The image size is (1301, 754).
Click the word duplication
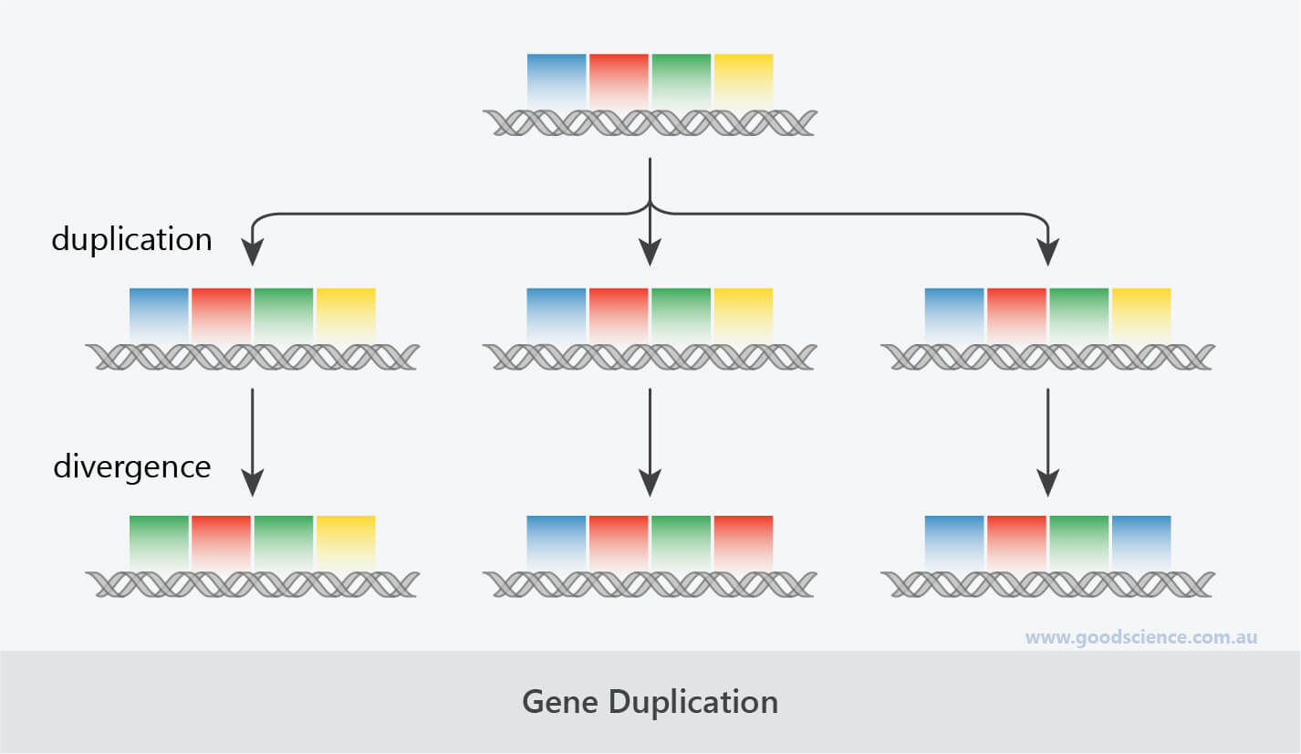point(132,239)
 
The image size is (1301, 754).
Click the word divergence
point(132,466)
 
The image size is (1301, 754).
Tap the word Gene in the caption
point(560,702)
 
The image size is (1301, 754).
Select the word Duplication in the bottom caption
point(692,703)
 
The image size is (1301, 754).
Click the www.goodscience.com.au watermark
point(1141,637)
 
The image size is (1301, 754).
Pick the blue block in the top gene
point(557,81)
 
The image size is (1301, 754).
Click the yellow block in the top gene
point(744,81)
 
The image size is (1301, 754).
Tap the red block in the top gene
point(619,81)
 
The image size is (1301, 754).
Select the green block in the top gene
point(682,81)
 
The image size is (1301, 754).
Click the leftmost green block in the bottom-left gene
point(159,542)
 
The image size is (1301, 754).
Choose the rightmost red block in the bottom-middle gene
point(744,542)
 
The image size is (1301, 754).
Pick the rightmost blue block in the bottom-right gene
point(1141,542)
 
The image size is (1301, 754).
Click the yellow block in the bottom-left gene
point(346,542)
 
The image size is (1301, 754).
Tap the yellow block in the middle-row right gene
point(1141,316)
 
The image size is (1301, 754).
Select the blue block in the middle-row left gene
point(159,316)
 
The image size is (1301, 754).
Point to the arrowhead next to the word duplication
point(252,252)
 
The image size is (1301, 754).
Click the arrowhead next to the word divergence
point(252,482)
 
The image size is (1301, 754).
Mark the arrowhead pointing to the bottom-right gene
point(1047,482)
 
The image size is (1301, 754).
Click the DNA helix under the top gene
point(650,123)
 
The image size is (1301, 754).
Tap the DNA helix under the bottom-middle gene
point(650,584)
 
